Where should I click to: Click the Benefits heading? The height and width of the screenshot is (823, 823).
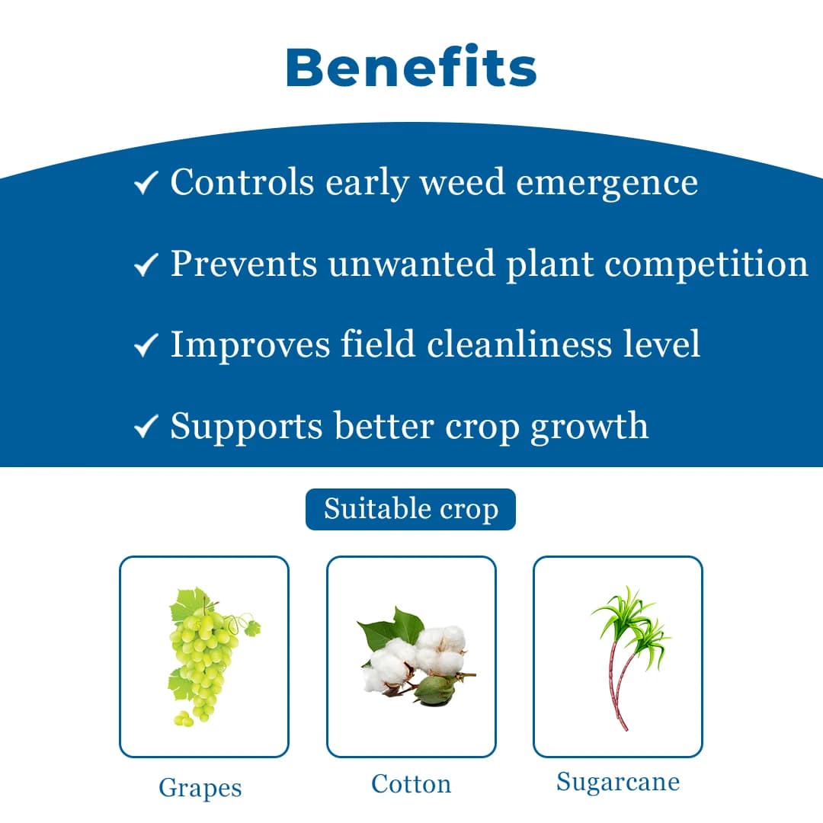(x=411, y=66)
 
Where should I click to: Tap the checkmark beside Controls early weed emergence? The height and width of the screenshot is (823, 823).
(x=146, y=183)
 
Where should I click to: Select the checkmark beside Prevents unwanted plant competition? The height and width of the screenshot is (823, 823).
(x=146, y=264)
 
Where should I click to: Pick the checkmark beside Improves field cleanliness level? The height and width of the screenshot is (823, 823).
(x=146, y=345)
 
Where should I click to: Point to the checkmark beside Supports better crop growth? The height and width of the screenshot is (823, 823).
(x=146, y=426)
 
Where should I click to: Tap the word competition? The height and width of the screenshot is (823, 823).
(x=706, y=264)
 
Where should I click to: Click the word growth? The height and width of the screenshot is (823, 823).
(x=589, y=427)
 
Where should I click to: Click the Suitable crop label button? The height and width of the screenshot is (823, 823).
(x=411, y=509)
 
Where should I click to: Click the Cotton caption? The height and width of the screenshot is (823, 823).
(x=411, y=784)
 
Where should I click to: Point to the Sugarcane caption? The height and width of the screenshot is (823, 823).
(x=618, y=783)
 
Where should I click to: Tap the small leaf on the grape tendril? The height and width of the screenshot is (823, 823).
(x=253, y=628)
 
